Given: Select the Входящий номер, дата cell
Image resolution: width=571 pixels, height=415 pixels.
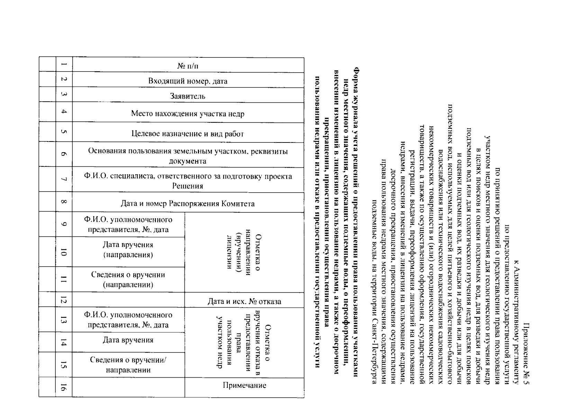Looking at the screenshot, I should (x=188, y=81).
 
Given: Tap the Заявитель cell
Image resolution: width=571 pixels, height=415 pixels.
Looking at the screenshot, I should (x=188, y=96).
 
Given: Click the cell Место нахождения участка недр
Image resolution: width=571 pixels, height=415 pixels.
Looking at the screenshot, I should (x=188, y=113).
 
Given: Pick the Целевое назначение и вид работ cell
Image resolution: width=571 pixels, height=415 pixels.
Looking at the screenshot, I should (x=188, y=133).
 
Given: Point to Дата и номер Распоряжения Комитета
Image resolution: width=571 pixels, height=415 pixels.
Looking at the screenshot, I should (x=188, y=203).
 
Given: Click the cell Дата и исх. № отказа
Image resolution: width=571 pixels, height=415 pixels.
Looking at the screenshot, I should (x=244, y=301).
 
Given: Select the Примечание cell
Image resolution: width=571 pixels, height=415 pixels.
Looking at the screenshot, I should (x=244, y=385).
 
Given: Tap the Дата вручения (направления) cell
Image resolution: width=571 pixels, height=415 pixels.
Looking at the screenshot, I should (x=128, y=250).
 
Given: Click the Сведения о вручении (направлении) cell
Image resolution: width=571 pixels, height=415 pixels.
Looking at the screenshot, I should (x=128, y=279).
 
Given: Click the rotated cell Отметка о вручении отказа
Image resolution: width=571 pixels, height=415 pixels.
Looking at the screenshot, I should (x=244, y=342).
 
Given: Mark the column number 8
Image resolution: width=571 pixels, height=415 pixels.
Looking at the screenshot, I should (x=64, y=202).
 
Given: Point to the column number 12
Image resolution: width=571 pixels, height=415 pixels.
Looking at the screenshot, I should (x=64, y=299).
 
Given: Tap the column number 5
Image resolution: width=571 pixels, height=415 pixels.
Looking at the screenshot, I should (x=64, y=132).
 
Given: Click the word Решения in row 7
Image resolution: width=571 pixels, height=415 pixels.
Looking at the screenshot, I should (x=188, y=186).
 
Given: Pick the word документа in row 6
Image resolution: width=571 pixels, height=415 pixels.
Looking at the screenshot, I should (x=188, y=161).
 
